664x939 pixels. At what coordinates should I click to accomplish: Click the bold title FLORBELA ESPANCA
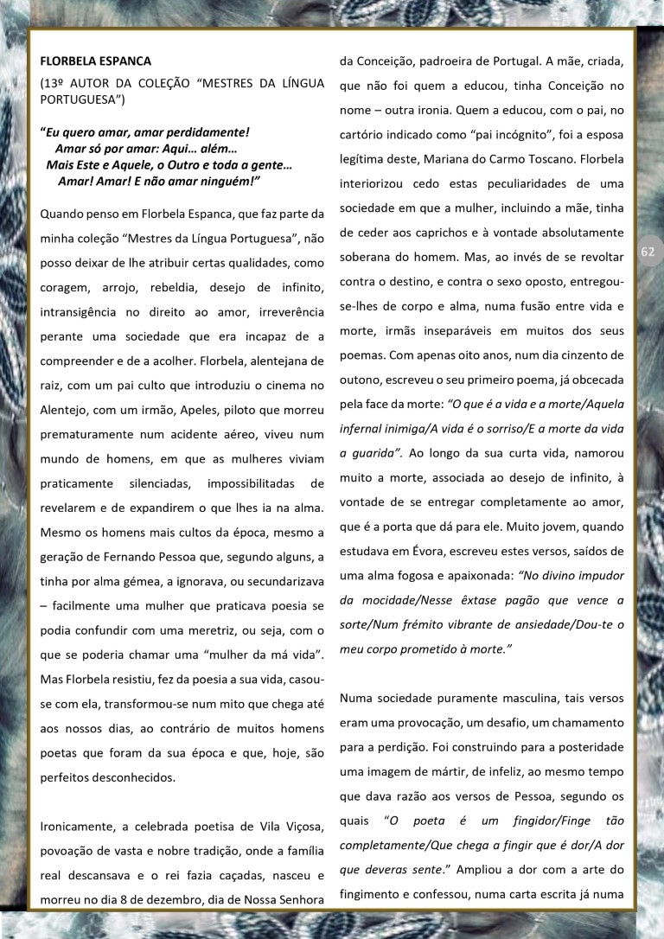pyautogui.click(x=96, y=61)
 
